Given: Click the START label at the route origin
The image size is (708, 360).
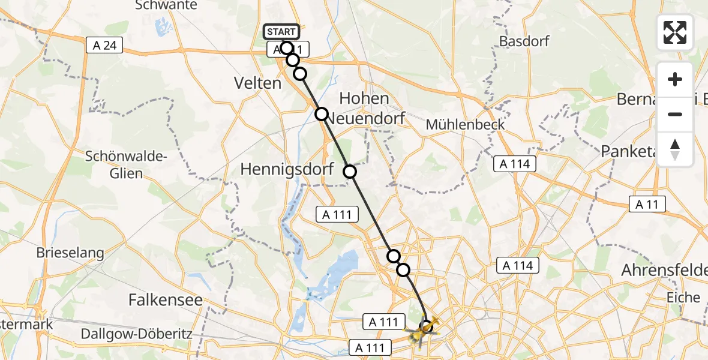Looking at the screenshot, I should (281, 32).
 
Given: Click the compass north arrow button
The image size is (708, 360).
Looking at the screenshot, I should (675, 149).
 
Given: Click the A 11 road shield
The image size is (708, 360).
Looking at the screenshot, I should (647, 205).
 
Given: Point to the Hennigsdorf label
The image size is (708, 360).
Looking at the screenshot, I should (286, 170).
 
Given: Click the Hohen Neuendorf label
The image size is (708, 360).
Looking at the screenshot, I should (364, 108).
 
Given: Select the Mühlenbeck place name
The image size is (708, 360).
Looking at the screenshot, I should (465, 125).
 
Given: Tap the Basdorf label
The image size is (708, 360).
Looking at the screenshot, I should (524, 42).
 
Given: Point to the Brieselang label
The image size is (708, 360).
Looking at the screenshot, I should (70, 253).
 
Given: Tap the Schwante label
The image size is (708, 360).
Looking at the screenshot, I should (158, 5).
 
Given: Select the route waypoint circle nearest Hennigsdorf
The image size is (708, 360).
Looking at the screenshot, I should (350, 172).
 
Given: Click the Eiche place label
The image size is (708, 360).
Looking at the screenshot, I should (683, 298).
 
